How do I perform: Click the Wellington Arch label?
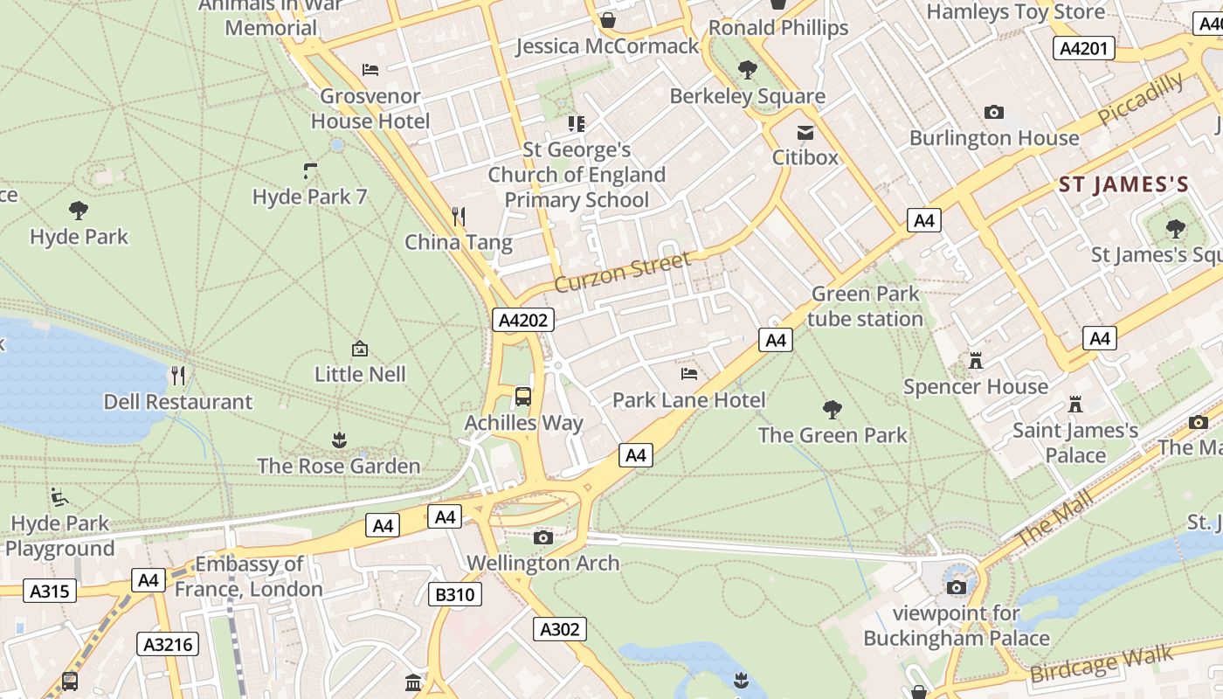coord(543,563)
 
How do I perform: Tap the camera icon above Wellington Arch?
coord(543,537)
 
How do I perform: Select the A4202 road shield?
coord(522,320)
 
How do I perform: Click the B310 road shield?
coord(455,595)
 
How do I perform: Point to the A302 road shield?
coord(560,629)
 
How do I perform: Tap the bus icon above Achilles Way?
coord(522,397)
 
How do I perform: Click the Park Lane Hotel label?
coord(688,400)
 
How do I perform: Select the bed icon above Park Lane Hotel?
coord(688,374)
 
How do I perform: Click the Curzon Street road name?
coord(622,272)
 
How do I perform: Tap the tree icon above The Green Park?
coord(833,409)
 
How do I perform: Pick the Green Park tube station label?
coord(865,307)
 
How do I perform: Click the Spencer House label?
coord(975,386)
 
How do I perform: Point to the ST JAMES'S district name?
coord(1123,184)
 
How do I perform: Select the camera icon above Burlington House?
coord(993,112)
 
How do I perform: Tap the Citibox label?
coord(805,157)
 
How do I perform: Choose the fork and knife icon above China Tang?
coord(458,216)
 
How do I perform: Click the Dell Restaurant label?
coord(177,402)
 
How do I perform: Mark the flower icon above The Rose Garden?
coord(339,439)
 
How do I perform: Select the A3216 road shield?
coord(168,645)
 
